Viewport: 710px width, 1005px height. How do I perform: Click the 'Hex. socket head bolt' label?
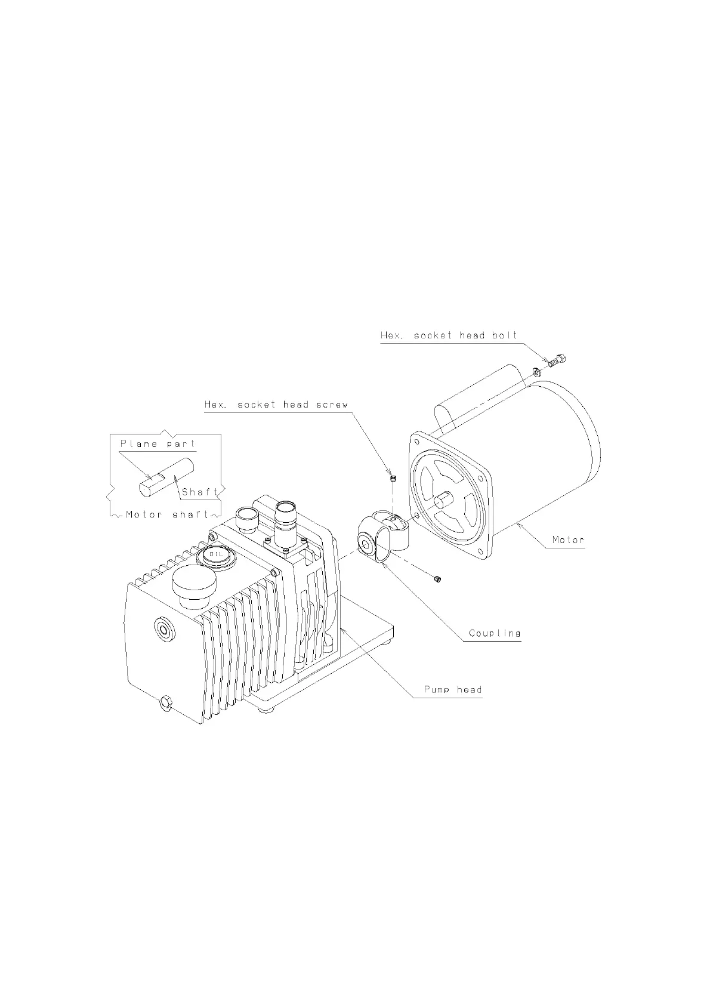click(x=449, y=335)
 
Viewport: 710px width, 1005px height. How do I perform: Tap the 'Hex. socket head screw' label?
click(x=276, y=405)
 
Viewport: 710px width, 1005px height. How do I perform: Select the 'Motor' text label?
click(x=567, y=540)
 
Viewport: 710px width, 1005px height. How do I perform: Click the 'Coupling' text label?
click(x=495, y=633)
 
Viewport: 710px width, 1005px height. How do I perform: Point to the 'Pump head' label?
click(x=452, y=690)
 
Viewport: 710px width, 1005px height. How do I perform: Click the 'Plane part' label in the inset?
click(x=158, y=444)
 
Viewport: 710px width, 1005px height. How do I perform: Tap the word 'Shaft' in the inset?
click(x=200, y=492)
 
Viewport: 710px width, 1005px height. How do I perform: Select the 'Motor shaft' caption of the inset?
click(x=167, y=514)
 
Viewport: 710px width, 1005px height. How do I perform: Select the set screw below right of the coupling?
click(x=437, y=578)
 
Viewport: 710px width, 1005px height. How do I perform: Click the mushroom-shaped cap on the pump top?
click(x=192, y=582)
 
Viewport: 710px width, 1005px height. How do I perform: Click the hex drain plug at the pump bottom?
click(x=165, y=702)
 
